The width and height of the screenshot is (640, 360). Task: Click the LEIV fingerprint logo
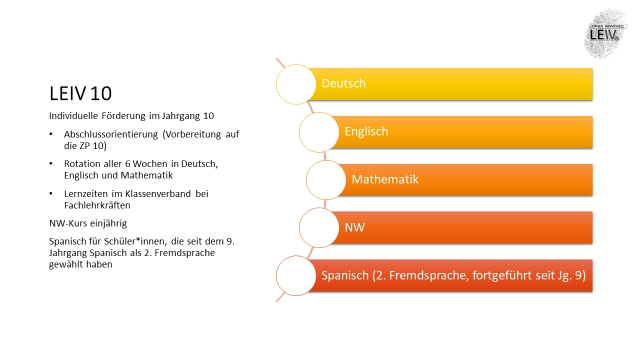[x=605, y=33]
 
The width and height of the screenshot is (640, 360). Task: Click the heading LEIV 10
[x=80, y=93]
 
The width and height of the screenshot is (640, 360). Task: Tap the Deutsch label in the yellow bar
[x=343, y=83]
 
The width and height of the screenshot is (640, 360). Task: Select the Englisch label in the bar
[x=366, y=131]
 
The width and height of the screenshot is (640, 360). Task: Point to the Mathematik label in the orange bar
[x=385, y=179]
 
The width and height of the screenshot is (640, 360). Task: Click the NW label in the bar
[x=354, y=227]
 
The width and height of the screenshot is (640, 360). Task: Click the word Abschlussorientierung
[x=111, y=134]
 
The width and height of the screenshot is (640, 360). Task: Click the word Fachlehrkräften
[x=97, y=205]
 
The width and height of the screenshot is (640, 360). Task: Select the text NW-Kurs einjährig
[x=88, y=223]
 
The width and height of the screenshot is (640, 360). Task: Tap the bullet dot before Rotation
[x=51, y=163]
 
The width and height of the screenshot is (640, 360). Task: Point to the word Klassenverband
[x=158, y=193]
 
